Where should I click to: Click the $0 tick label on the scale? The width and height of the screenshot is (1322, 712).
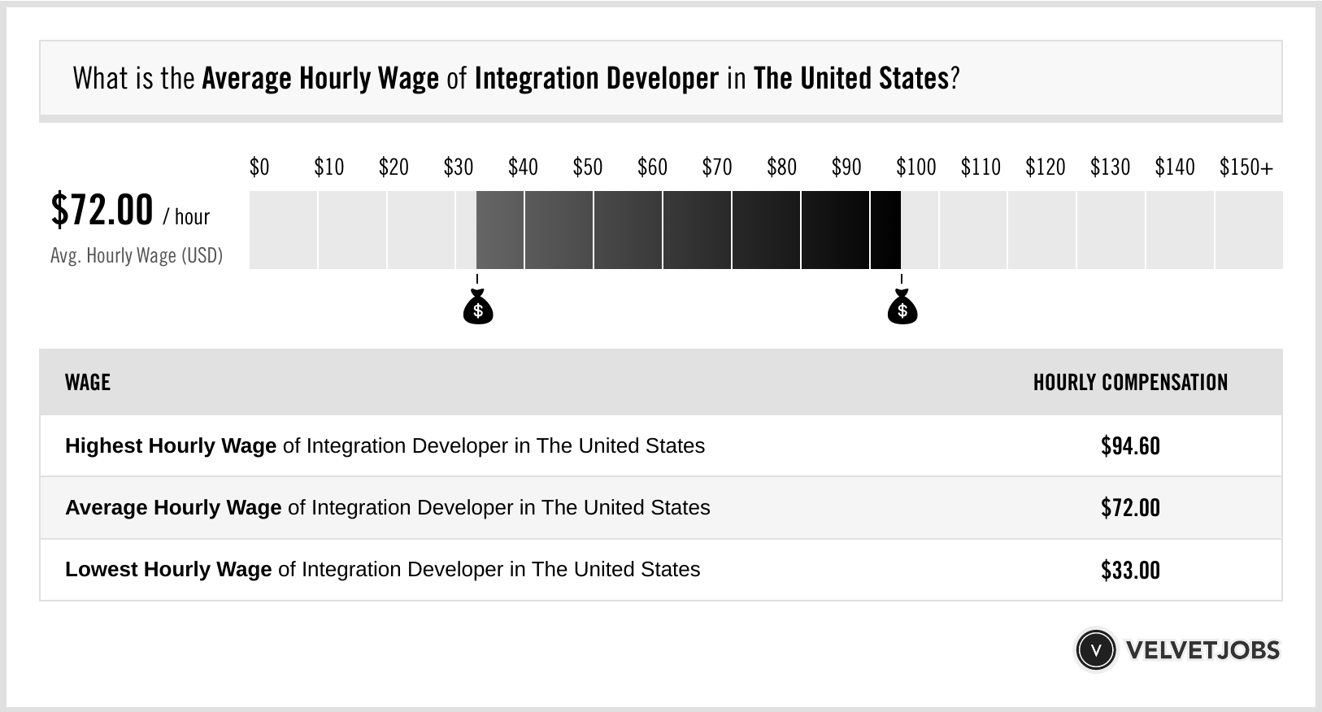(x=259, y=167)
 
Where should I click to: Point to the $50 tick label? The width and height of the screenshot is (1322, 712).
(x=587, y=167)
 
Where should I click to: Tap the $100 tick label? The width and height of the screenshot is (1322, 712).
(x=915, y=167)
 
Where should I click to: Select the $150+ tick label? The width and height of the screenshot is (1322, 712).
(x=1246, y=167)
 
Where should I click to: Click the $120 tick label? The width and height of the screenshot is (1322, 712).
(x=1045, y=167)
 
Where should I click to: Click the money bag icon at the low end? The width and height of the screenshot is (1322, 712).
(x=478, y=308)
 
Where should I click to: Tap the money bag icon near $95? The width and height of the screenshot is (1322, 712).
(x=902, y=308)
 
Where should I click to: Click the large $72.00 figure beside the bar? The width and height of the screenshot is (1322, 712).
(x=102, y=210)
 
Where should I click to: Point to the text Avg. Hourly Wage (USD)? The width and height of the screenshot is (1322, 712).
(x=137, y=255)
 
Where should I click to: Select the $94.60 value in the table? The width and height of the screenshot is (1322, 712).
(x=1130, y=446)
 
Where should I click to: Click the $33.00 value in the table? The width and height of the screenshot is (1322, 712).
(x=1130, y=570)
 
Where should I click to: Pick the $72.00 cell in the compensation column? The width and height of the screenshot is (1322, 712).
(x=1130, y=508)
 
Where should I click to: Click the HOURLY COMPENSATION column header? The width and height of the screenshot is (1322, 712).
(x=1130, y=383)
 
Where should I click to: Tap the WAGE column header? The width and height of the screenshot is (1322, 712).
(x=88, y=383)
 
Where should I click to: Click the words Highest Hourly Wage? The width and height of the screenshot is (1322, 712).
(x=171, y=446)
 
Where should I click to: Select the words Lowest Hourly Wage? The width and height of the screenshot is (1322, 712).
(x=168, y=570)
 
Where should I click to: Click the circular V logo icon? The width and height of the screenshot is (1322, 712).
(x=1095, y=649)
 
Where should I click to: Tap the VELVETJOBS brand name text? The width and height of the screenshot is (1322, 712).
(x=1202, y=649)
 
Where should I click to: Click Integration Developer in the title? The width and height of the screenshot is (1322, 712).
(x=596, y=79)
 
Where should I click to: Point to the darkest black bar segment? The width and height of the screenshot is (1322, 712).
(x=885, y=230)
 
